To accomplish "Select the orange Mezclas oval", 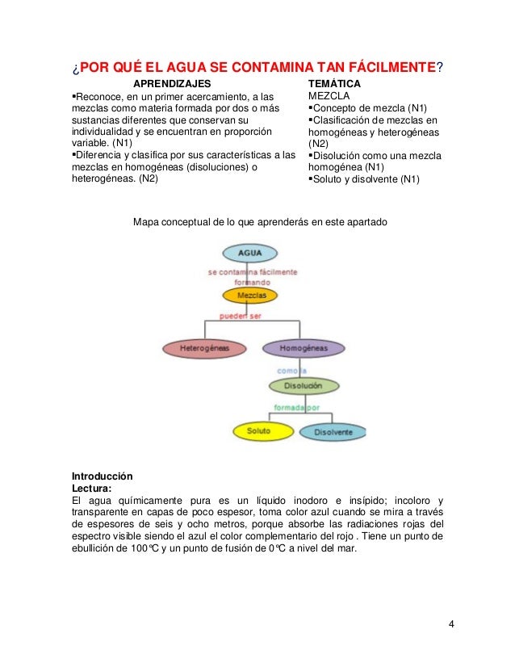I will tap(252, 296).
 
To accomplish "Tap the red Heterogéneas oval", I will tap(204, 349).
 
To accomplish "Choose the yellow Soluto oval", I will tap(258, 431).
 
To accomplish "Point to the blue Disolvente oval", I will tap(333, 432).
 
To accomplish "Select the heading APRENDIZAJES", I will tap(171, 83).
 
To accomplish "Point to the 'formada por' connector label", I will tap(296, 407).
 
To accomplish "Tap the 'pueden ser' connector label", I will tap(241, 316).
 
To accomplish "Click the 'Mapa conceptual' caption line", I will tap(261, 220).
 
